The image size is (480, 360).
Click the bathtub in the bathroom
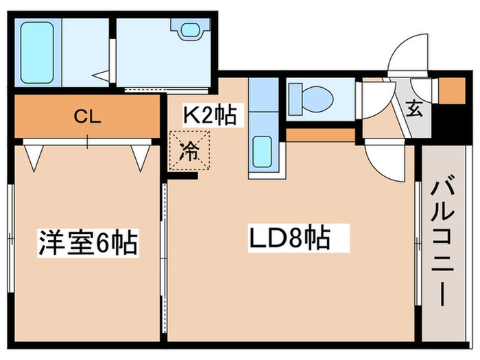pyautogui.click(x=39, y=51)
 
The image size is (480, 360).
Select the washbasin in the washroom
pyautogui.click(x=188, y=30)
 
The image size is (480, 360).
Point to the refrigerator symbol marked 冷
pyautogui.click(x=187, y=152)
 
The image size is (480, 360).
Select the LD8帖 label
pyautogui.click(x=289, y=239)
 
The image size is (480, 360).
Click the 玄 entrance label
pyautogui.click(x=415, y=107)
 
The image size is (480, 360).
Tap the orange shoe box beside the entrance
pyautogui.click(x=450, y=91)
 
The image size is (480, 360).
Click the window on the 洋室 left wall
pyautogui.click(x=10, y=237)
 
